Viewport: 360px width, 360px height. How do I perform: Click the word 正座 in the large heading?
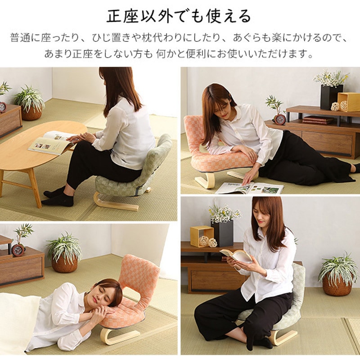point(122,16)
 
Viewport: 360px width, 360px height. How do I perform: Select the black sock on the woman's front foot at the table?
point(58,200)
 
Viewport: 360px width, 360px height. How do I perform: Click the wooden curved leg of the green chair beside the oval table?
point(115,203)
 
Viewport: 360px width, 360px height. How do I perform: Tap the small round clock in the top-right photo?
point(280,119)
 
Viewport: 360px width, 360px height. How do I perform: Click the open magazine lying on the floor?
point(250,188)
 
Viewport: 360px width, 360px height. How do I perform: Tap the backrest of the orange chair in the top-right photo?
point(194,133)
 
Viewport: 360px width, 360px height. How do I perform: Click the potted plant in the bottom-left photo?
point(64,252)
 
